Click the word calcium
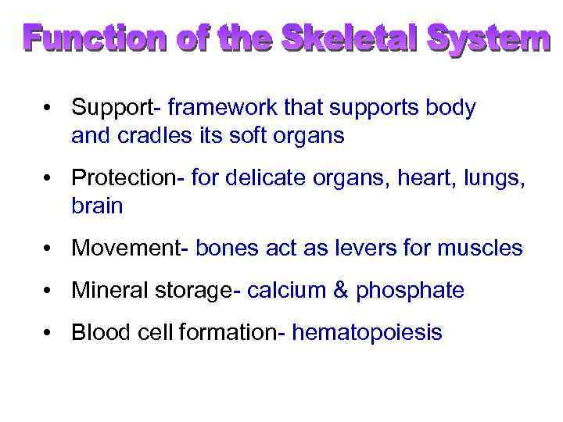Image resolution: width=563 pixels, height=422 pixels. [285, 291]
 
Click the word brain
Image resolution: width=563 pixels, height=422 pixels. [97, 206]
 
